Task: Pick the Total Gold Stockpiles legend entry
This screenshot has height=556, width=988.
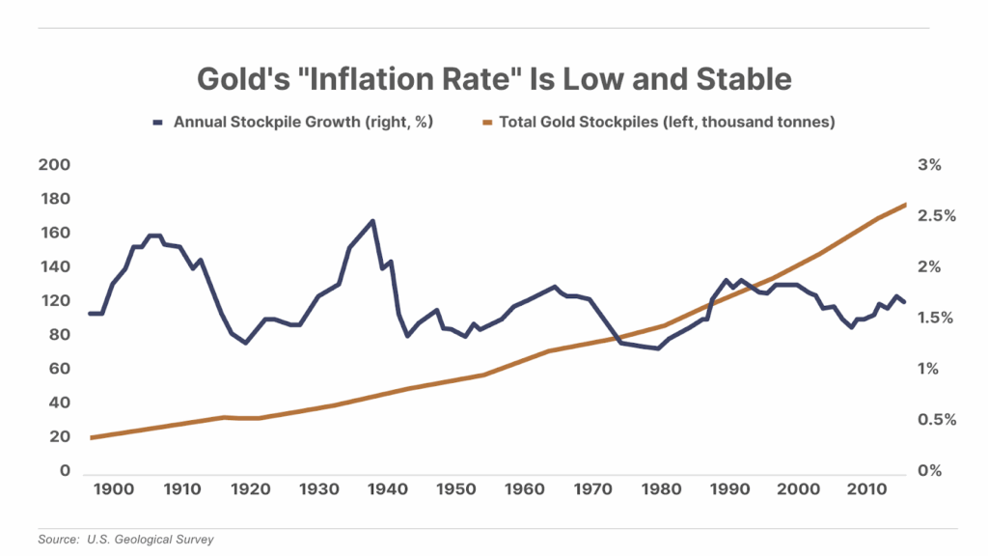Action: (667, 123)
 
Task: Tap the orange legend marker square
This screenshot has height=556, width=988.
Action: (488, 123)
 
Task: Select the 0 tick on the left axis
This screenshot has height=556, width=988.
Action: (66, 471)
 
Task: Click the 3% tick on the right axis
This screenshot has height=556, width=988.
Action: (929, 165)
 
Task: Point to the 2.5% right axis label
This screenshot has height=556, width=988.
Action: (937, 216)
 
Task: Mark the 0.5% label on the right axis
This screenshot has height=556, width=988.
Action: (937, 420)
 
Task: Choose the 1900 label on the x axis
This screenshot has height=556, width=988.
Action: (116, 490)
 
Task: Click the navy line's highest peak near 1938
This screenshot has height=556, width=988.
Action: (372, 221)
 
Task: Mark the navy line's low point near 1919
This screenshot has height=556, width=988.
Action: (246, 343)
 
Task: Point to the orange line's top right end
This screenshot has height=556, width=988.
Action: (905, 205)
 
